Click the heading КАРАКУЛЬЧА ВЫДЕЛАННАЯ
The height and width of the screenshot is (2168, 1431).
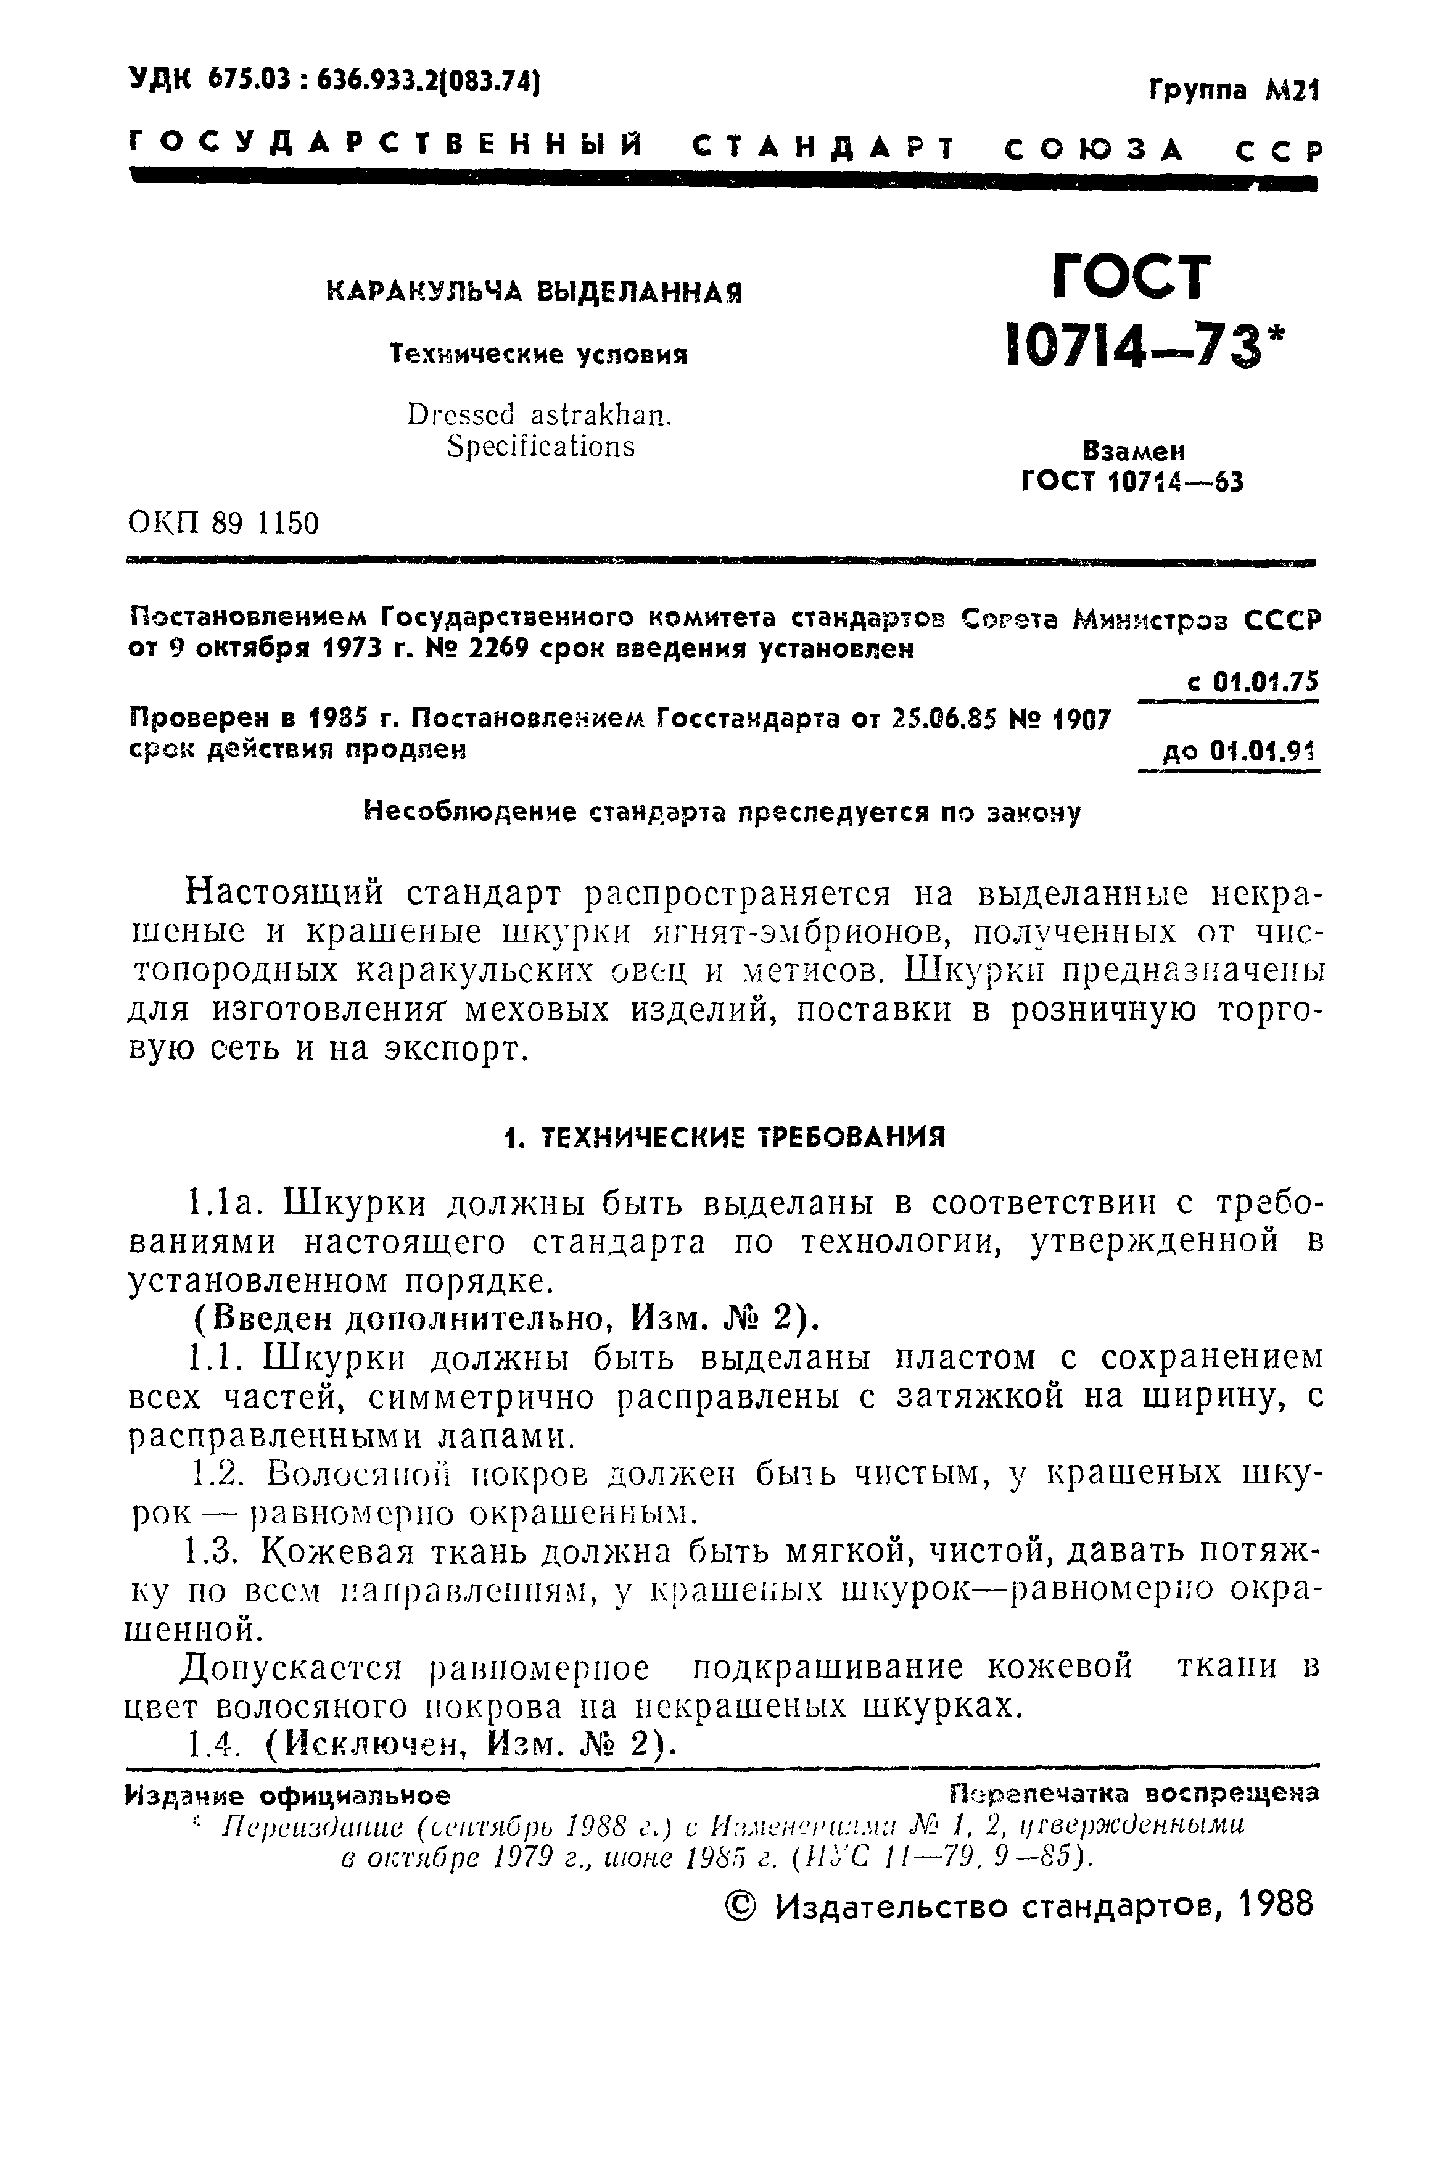click(534, 293)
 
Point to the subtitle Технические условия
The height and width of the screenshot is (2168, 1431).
click(538, 354)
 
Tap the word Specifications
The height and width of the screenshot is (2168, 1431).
click(540, 447)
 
